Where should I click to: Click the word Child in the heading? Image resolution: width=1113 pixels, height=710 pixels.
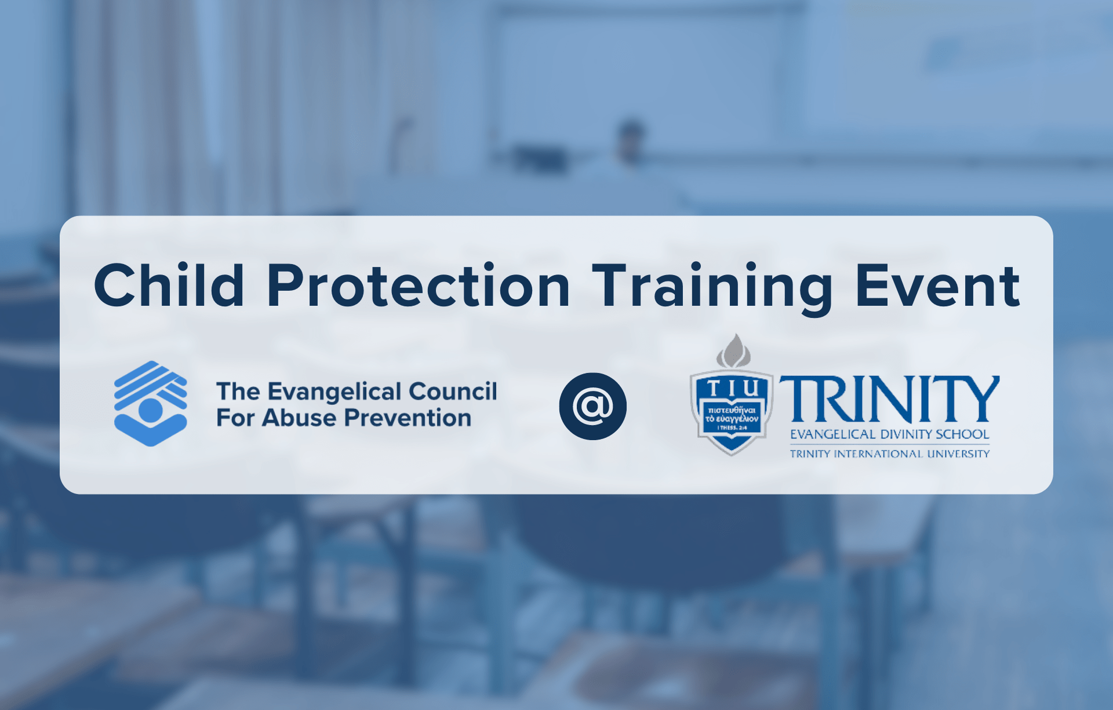(169, 286)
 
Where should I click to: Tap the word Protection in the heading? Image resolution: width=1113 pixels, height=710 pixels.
(419, 286)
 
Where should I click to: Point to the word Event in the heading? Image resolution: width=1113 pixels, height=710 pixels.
(937, 286)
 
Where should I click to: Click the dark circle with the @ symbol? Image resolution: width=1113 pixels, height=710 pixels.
(592, 406)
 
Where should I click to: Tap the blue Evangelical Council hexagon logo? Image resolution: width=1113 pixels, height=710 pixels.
(151, 404)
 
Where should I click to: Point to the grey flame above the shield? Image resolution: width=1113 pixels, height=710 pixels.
(734, 351)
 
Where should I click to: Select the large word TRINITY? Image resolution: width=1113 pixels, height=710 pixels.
(889, 399)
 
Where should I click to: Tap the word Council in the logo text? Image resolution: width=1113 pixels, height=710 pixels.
(453, 391)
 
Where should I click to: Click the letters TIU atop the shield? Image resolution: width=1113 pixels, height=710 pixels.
(732, 387)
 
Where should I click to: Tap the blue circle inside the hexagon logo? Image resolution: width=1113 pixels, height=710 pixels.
(151, 410)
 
